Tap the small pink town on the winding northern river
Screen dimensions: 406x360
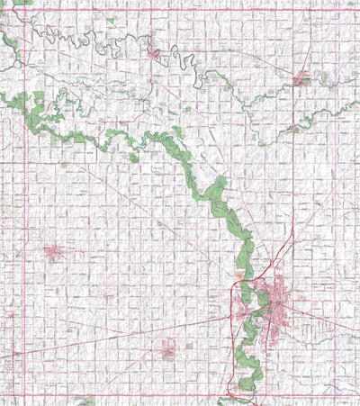pyautogui.click(x=155, y=54)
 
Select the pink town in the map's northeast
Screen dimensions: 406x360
pyautogui.click(x=301, y=79)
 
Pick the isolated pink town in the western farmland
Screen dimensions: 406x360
pyautogui.click(x=52, y=252)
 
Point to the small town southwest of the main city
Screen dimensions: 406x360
pyautogui.click(x=168, y=347)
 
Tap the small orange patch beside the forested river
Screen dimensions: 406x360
pyautogui.click(x=239, y=276)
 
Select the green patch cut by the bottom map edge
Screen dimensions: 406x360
pyautogui.click(x=86, y=401)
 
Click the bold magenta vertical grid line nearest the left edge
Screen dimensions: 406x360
pyautogui.click(x=21, y=203)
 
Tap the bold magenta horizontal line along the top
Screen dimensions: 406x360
pyautogui.click(x=180, y=10)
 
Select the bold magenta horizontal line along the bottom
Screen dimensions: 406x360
pyautogui.click(x=180, y=394)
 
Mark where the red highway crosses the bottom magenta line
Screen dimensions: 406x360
pyautogui.click(x=236, y=394)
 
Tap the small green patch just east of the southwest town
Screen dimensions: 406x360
pyautogui.click(x=189, y=344)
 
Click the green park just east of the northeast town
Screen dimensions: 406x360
pyautogui.click(x=323, y=78)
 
